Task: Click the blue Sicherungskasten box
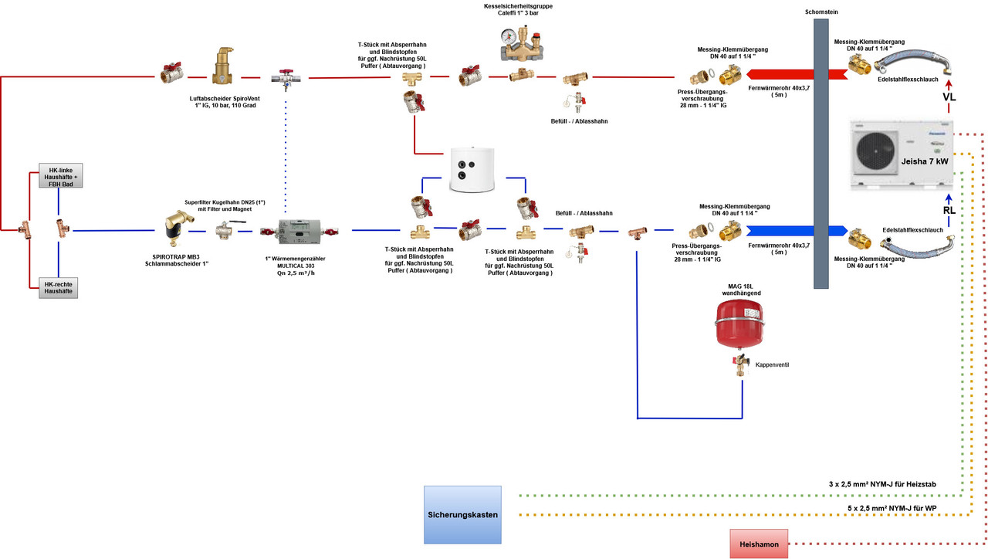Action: [462, 514]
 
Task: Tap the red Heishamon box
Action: [759, 544]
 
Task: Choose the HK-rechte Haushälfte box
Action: [59, 286]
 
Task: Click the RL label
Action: [949, 209]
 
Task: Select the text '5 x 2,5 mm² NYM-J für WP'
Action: [892, 508]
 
